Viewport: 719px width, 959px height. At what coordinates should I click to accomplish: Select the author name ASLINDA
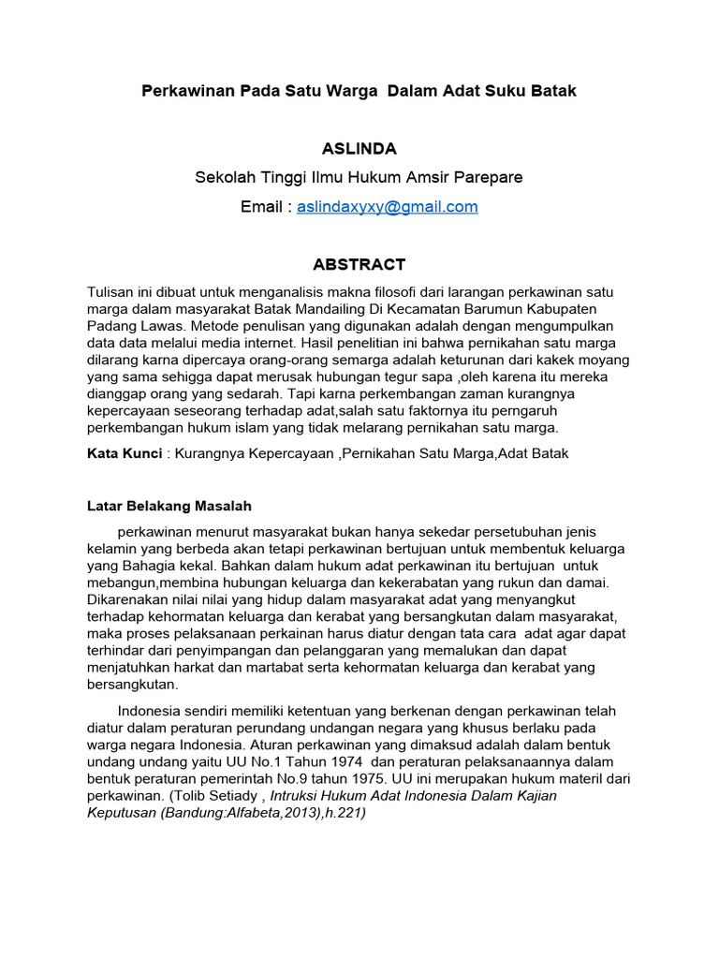click(359, 149)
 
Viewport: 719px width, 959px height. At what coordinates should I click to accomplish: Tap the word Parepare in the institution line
click(490, 178)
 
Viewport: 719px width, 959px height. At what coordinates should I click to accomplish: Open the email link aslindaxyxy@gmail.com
click(387, 207)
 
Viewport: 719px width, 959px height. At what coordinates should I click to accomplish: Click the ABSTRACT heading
click(359, 265)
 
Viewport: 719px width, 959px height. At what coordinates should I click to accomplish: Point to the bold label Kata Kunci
click(121, 453)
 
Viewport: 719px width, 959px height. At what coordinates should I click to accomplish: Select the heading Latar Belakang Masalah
click(169, 507)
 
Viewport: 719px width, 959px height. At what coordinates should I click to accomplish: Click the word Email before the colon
click(261, 207)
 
